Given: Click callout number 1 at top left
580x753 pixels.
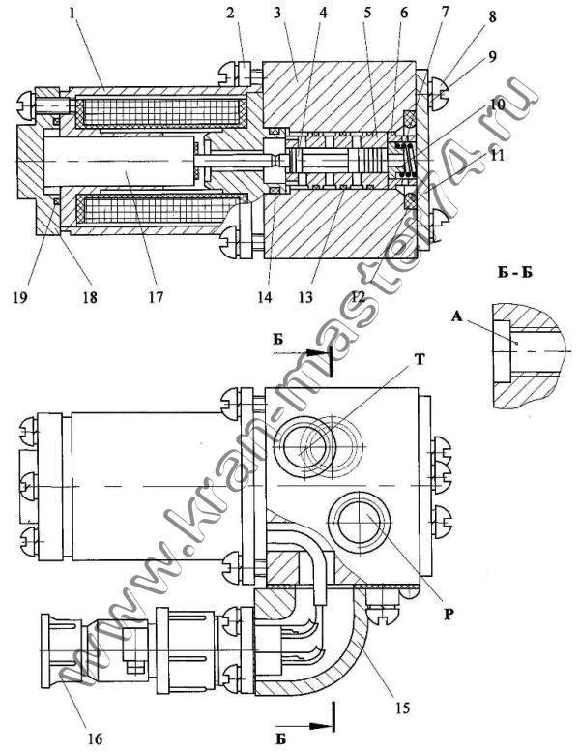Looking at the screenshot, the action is tap(72, 13).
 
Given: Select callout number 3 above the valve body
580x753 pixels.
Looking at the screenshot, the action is tap(277, 12).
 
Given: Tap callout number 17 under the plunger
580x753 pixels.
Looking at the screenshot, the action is tap(156, 297).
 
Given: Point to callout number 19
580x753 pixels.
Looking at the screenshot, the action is tap(20, 297).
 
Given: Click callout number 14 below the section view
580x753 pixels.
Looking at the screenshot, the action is tap(264, 297).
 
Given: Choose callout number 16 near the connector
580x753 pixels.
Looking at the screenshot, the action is tap(95, 738).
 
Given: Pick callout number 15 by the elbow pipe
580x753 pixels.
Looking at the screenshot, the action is tap(402, 708).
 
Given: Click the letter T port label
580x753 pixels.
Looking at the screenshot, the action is tap(420, 359).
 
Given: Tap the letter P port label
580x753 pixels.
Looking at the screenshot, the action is tap(449, 615).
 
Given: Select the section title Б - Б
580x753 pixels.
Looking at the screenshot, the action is tap(515, 273).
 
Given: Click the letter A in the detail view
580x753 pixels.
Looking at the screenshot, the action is tap(457, 316).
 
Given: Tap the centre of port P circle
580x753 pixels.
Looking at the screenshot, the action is tap(360, 522).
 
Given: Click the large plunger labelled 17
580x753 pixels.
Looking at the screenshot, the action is tap(119, 161).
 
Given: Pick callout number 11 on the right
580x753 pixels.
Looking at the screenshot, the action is tap(498, 157).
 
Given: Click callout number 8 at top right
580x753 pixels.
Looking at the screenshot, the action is tap(492, 18).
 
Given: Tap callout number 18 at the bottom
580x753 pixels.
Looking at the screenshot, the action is tap(90, 297).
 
